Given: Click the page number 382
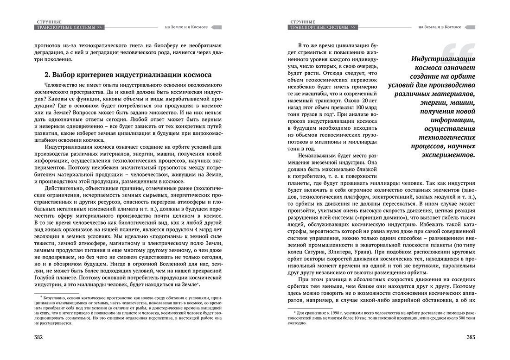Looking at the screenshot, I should point(35,337).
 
